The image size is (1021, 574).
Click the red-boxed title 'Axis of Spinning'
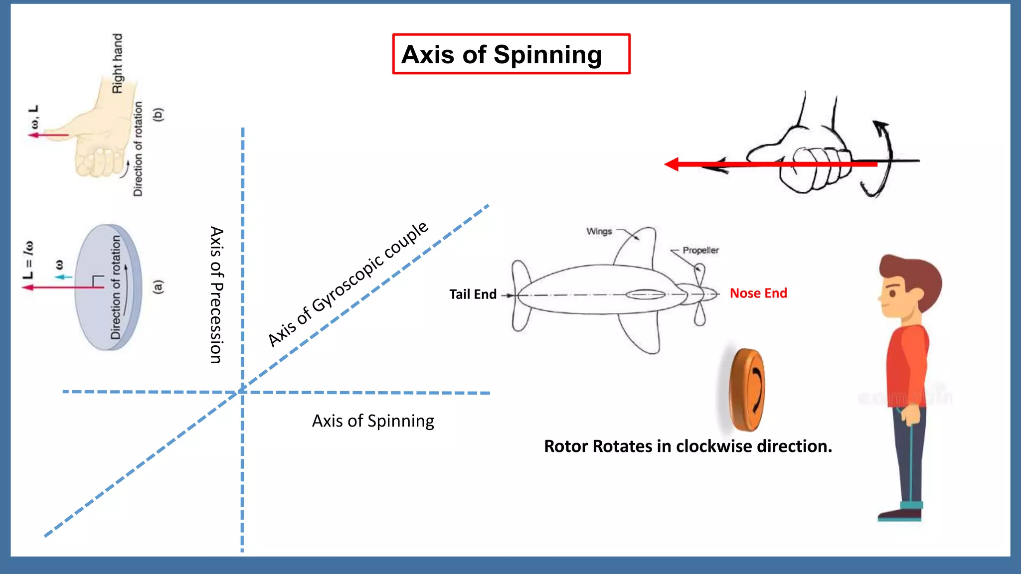tap(502, 54)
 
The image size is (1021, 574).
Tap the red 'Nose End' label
tap(758, 293)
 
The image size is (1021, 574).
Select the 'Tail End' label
tap(473, 294)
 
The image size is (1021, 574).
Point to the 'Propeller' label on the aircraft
tap(700, 250)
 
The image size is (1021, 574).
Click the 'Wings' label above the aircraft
tap(599, 231)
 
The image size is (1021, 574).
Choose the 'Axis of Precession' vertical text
tap(216, 295)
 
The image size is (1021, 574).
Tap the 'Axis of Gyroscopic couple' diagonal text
tap(347, 284)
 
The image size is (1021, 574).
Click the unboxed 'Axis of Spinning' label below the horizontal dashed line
tap(373, 421)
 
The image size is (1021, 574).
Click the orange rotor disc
tap(746, 390)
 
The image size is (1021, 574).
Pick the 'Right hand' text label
tap(117, 63)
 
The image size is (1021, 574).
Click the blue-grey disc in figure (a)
tap(108, 287)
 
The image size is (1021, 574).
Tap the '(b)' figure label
tap(158, 115)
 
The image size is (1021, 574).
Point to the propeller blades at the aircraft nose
tap(699, 294)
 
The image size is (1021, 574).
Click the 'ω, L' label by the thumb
tap(34, 117)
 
